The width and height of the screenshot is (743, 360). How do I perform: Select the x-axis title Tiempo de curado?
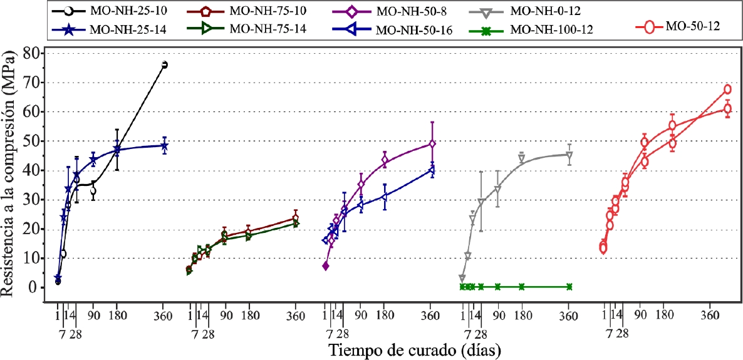[413, 347]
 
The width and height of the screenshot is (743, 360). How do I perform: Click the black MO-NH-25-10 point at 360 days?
[164, 64]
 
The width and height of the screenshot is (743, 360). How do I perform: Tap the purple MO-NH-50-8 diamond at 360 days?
[432, 144]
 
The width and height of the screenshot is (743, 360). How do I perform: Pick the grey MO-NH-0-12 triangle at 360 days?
[569, 155]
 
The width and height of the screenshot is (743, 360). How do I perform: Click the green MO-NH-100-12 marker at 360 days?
[569, 287]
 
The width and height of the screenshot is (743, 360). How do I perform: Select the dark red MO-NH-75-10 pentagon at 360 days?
[295, 219]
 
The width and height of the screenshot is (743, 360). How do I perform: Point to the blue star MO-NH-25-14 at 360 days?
[164, 145]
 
